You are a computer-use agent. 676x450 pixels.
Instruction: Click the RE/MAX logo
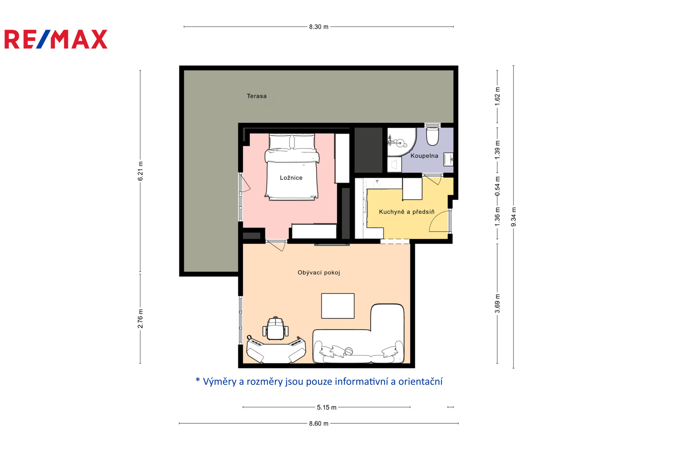[56, 39]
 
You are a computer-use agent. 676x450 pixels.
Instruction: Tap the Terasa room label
[256, 96]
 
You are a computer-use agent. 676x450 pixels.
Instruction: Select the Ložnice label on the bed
[291, 178]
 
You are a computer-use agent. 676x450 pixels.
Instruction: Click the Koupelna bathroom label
[424, 156]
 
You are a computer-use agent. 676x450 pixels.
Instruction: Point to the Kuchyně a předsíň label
[407, 212]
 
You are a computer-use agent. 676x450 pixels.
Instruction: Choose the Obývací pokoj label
[319, 273]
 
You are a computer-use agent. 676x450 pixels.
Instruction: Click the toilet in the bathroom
[433, 136]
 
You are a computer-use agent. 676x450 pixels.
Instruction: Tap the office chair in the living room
[275, 328]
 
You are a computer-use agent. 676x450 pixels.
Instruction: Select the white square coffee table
[338, 306]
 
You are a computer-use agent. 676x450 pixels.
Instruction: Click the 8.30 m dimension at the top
[319, 27]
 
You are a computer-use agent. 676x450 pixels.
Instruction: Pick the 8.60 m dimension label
[319, 423]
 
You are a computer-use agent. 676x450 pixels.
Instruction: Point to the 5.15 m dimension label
[327, 407]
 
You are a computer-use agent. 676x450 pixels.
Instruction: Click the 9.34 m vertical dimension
[514, 217]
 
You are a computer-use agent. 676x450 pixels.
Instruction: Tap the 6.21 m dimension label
[140, 171]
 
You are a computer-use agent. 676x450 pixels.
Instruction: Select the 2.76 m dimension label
[140, 318]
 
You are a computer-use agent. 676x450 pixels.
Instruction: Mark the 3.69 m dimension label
[497, 304]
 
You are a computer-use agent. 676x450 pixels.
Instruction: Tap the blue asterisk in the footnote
[198, 380]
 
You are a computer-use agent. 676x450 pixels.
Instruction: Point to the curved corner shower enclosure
[402, 142]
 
